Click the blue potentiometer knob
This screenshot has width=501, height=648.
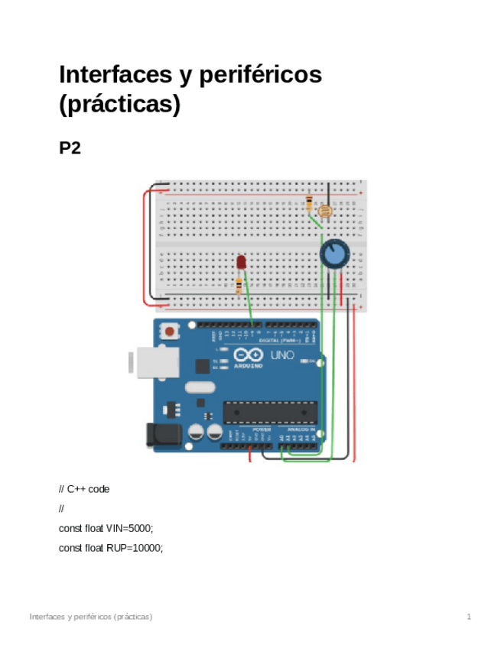[333, 254]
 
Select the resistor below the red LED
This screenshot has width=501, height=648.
[239, 286]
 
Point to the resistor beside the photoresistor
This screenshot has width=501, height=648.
[309, 204]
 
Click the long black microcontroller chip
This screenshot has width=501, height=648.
[269, 411]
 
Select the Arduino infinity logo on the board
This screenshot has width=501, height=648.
[249, 355]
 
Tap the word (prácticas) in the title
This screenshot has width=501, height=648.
[119, 105]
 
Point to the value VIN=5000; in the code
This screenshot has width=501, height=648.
[128, 528]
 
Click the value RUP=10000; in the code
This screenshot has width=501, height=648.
[131, 547]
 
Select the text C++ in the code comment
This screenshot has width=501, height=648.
[76, 489]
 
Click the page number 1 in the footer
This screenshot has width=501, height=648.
[469, 616]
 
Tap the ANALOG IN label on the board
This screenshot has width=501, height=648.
[301, 430]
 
